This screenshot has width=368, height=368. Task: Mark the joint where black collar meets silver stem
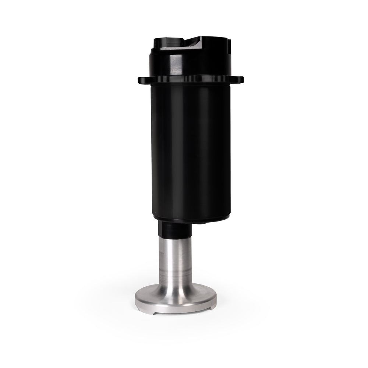pyautogui.click(x=175, y=236)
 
